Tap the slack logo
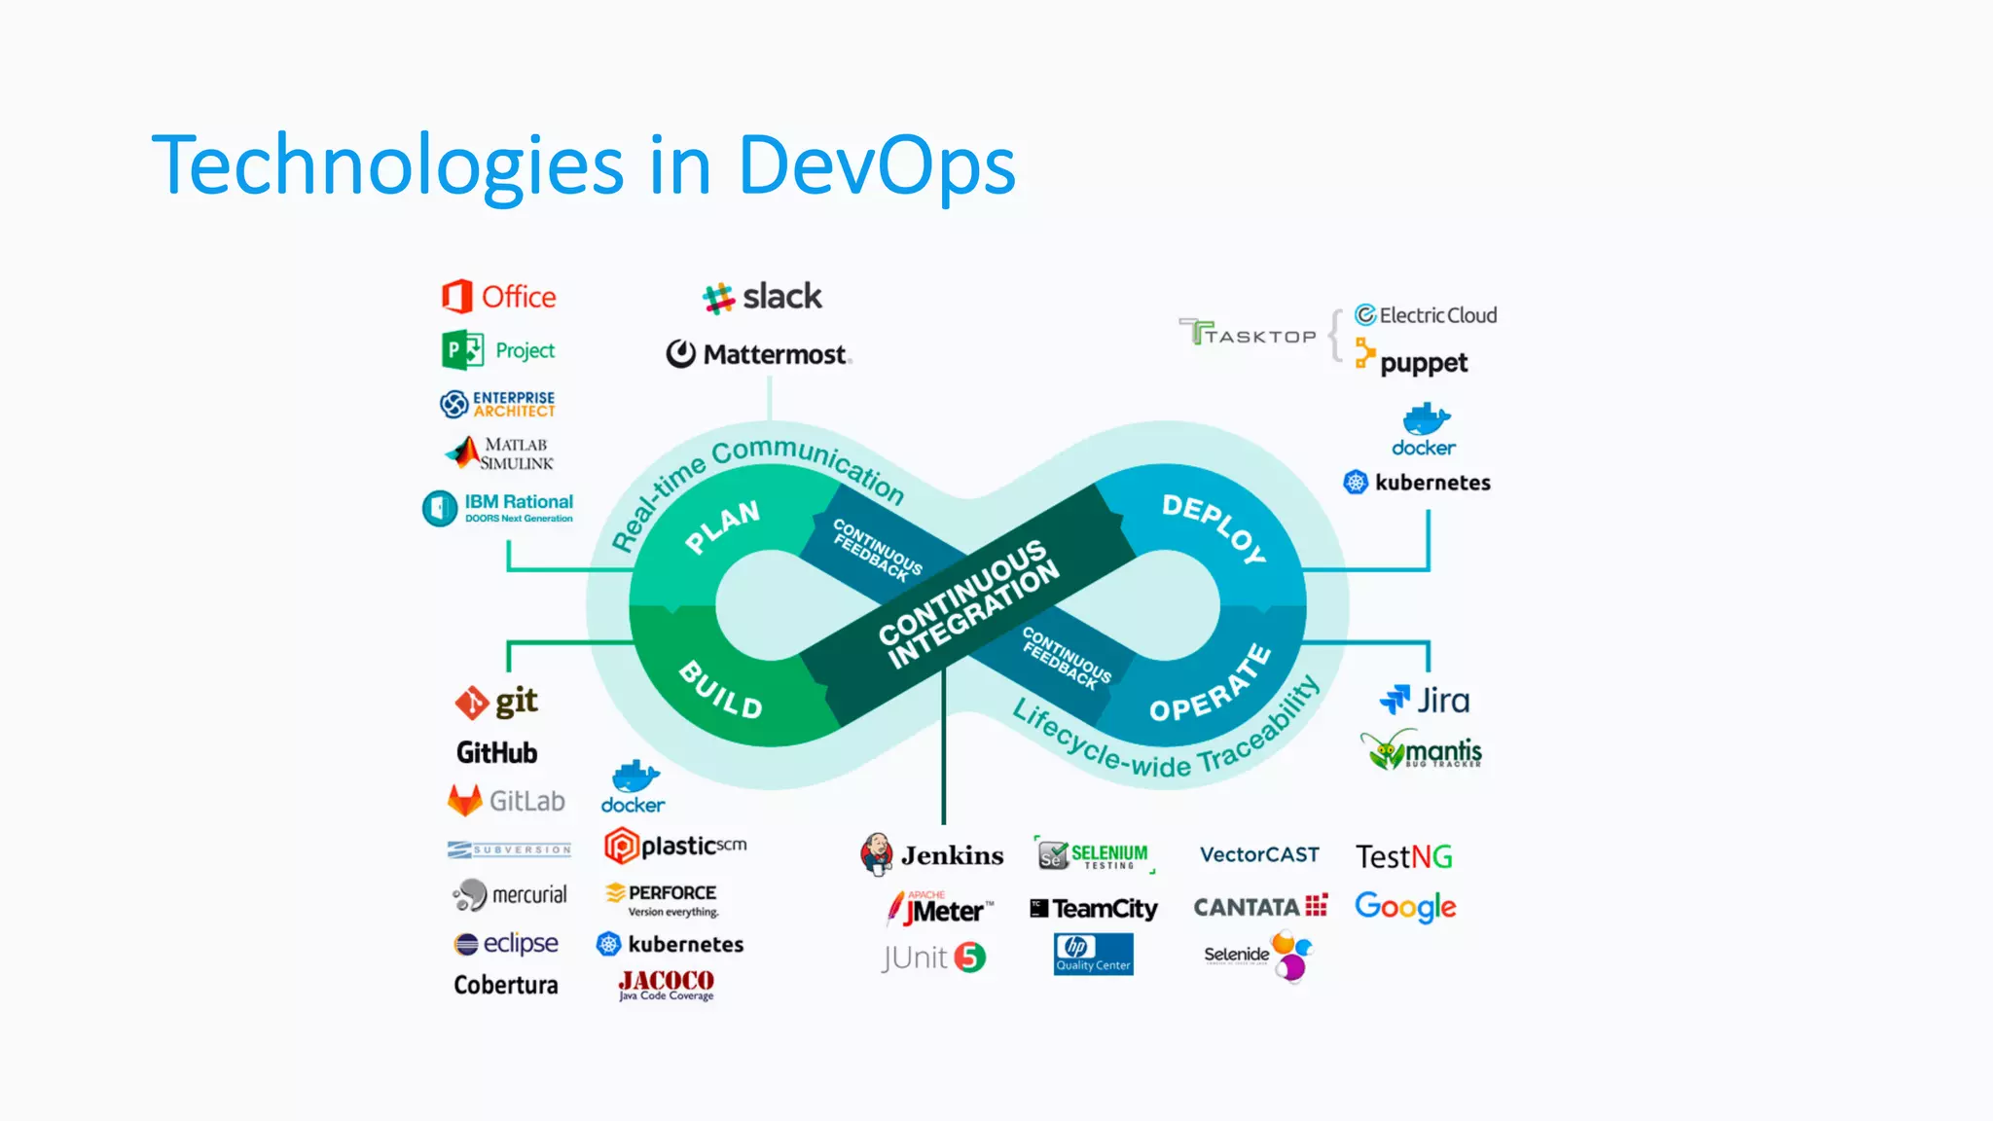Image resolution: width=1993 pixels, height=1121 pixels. [762, 297]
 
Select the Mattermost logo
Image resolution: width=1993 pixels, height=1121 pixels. [758, 354]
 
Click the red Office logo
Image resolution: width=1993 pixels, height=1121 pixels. [499, 297]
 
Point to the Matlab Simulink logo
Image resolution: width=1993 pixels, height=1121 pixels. [500, 453]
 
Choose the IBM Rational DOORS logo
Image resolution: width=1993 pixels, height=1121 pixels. [498, 507]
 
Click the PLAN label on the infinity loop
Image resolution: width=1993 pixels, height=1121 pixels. [722, 525]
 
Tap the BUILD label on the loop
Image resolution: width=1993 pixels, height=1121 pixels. [720, 689]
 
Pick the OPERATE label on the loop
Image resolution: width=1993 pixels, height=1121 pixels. [1211, 685]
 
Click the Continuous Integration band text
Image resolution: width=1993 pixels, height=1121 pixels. [968, 603]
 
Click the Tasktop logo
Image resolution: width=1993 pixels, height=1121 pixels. [1248, 334]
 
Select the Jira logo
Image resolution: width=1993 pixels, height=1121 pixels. [1425, 701]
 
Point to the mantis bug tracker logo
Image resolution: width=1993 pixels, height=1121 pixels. [1422, 750]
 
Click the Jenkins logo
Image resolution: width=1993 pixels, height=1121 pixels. [932, 854]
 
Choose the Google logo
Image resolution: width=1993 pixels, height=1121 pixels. [1405, 907]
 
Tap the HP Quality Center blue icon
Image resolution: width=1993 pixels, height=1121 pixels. [1093, 954]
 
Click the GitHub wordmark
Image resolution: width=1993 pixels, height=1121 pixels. [496, 752]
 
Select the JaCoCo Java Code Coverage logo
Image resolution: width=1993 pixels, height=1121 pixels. [667, 985]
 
